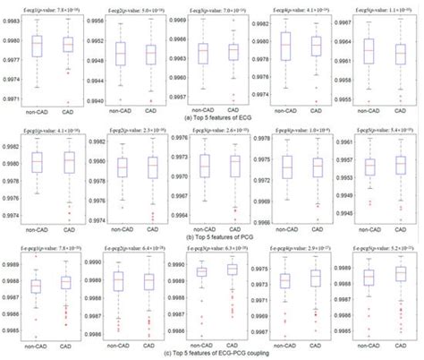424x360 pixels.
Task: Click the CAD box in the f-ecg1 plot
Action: tap(68, 45)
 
